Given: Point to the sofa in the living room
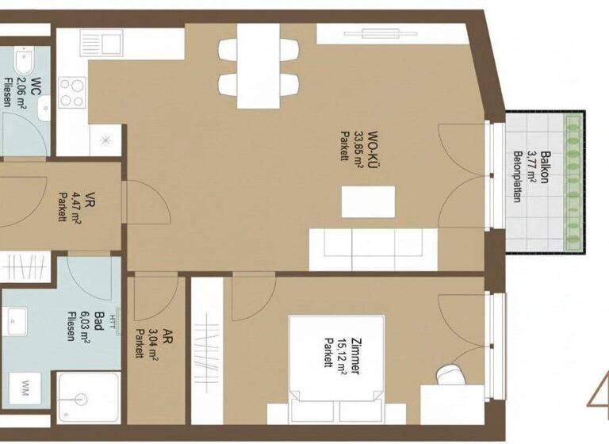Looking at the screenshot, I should pyautogui.click(x=372, y=249).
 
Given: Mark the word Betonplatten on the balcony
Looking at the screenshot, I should pyautogui.click(x=517, y=177).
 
